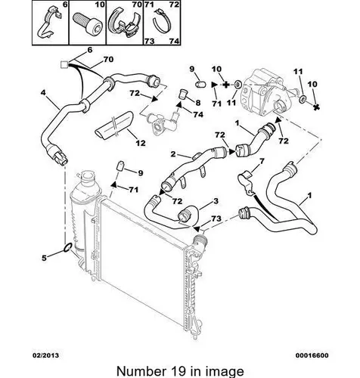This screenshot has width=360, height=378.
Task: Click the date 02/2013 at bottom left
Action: click(46, 355)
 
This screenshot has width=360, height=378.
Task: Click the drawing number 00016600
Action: click(312, 355)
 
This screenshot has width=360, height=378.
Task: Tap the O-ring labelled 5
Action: click(68, 247)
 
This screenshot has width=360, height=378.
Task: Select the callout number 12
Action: click(141, 143)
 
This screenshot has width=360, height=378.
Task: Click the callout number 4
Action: click(43, 93)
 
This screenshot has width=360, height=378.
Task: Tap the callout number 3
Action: click(216, 201)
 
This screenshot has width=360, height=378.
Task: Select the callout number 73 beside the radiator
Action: click(216, 218)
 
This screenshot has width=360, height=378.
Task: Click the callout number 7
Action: click(262, 161)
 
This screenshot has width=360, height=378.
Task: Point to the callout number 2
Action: click(173, 154)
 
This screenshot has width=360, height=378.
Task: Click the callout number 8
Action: click(197, 103)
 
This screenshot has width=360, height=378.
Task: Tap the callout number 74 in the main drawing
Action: click(198, 114)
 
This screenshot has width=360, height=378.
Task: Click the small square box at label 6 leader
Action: click(64, 65)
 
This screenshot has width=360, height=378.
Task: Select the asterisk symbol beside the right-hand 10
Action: click(317, 107)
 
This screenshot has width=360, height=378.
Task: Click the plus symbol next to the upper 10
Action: click(226, 85)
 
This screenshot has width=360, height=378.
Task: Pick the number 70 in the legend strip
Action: click(137, 5)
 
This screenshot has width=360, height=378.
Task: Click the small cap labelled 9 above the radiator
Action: click(120, 166)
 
